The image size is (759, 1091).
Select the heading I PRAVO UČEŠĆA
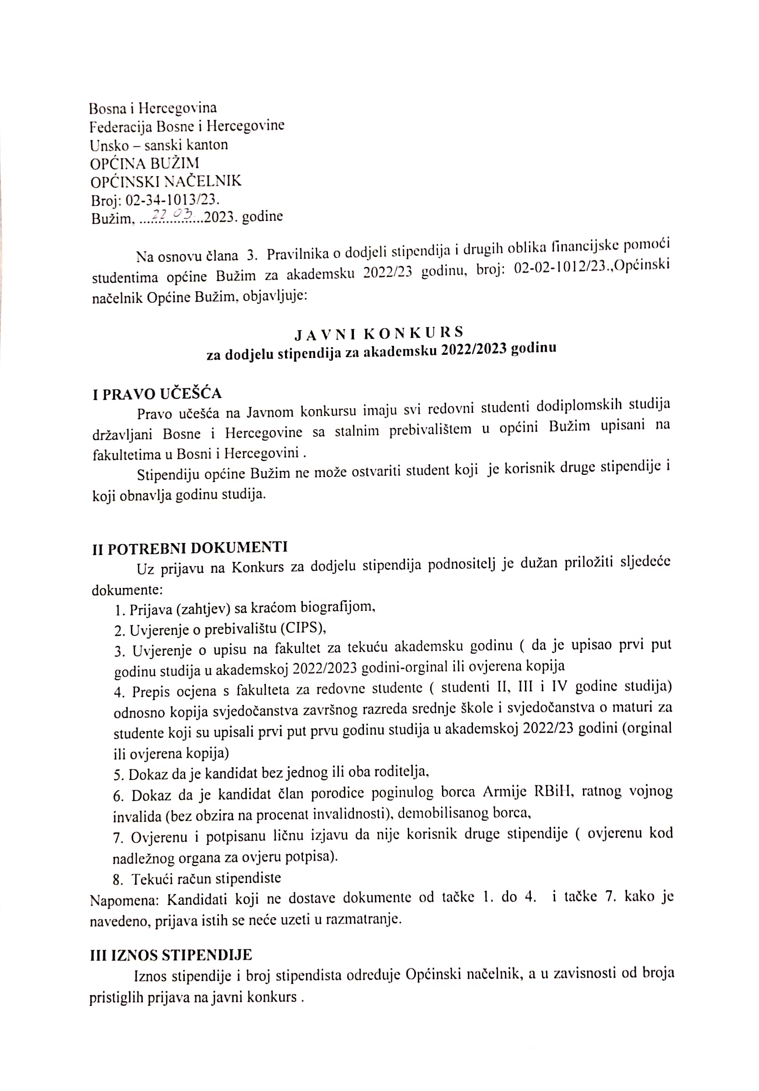157,394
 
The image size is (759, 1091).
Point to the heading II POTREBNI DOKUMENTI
190,548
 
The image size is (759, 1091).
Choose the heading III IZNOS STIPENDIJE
171,941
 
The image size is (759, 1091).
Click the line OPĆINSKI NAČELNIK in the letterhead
166,181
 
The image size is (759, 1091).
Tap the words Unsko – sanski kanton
159,145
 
